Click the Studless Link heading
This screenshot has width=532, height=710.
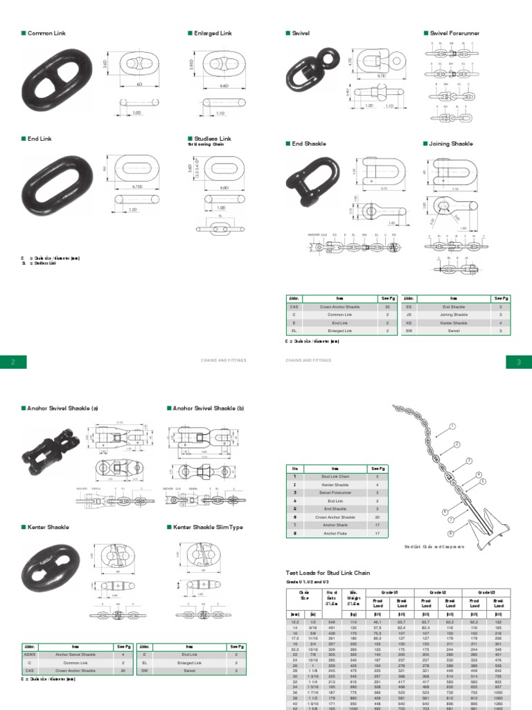tap(211, 139)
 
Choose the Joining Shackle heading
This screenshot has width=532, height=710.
tap(452, 144)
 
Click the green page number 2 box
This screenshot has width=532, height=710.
tap(13, 361)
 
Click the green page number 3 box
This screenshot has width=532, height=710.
tap(518, 361)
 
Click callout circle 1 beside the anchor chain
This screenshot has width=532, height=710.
tap(453, 426)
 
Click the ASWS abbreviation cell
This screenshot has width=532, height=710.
tap(30, 653)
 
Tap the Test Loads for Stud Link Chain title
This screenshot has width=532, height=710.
tap(328, 573)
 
